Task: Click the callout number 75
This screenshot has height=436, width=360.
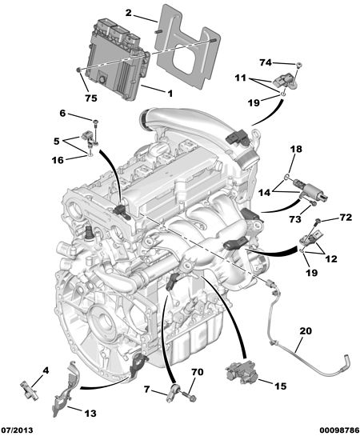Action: pos(91,98)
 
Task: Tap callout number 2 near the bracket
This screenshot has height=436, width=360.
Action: pos(128,13)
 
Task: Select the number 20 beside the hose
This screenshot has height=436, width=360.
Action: pos(306,331)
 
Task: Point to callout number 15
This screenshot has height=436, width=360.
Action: pos(280,386)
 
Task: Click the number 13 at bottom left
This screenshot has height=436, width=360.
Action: pos(90,413)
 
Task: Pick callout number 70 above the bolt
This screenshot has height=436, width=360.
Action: pos(198,372)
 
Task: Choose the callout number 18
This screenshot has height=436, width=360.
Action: pos(296,149)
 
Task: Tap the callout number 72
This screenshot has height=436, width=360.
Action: pos(346,217)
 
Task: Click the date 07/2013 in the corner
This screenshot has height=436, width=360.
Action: pos(18,430)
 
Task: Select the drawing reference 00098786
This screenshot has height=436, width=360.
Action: pos(338,430)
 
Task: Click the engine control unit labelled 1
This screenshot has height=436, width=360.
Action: pos(118,59)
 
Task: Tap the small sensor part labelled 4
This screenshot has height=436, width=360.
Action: pos(29,390)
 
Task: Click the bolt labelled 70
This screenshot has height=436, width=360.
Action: pos(189,397)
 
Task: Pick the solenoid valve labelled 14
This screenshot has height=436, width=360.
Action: pos(310,190)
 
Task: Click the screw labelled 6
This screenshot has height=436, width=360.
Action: pos(96,130)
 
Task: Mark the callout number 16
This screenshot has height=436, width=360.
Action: pos(58,160)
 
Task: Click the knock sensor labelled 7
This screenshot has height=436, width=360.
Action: pos(174,392)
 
